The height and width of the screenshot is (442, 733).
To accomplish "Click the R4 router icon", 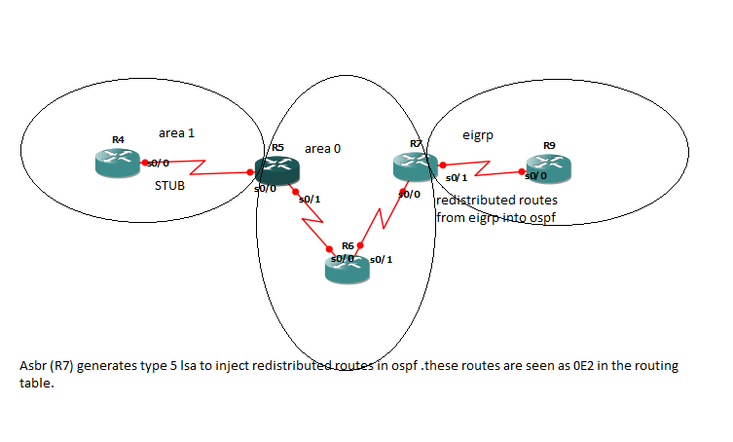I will pos(118,163).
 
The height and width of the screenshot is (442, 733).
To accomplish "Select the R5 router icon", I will pos(276,169).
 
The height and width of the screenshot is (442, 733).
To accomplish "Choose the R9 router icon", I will pos(549,167).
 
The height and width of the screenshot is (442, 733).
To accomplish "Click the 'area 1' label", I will pos(184,133).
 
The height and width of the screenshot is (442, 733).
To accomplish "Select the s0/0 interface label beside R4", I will pos(159,163).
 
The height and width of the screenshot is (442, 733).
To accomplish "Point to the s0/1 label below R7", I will pos(456,178).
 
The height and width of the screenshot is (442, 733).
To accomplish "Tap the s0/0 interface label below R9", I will pos(535,176).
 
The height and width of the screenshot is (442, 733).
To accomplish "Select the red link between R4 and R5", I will pos(200,167).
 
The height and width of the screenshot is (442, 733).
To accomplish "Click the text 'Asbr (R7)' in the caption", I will pos(47,366).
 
